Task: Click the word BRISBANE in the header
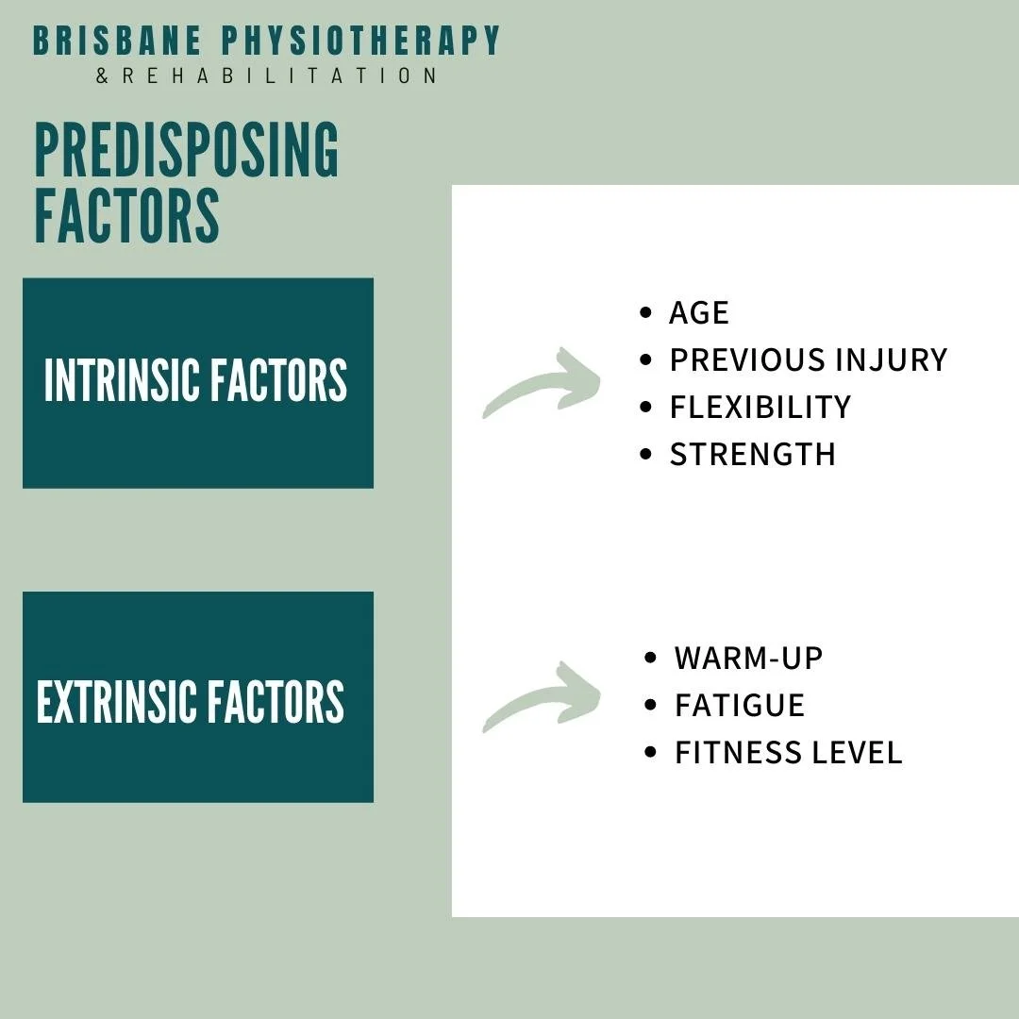[x=117, y=42]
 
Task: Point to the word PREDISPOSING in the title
[x=186, y=151]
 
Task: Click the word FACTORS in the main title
[x=126, y=216]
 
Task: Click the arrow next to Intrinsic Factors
[x=543, y=383]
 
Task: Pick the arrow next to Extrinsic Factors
[x=543, y=697]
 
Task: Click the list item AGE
[x=699, y=313]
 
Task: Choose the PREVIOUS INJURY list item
[x=808, y=360]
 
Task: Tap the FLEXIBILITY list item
[x=760, y=408]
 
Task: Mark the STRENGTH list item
[x=752, y=455]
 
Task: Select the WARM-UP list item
[x=748, y=659]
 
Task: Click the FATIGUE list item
[x=739, y=706]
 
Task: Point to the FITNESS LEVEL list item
[x=788, y=753]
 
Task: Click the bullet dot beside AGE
[x=645, y=312]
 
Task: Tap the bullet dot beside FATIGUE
[x=650, y=705]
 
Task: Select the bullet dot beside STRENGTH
[x=645, y=454]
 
